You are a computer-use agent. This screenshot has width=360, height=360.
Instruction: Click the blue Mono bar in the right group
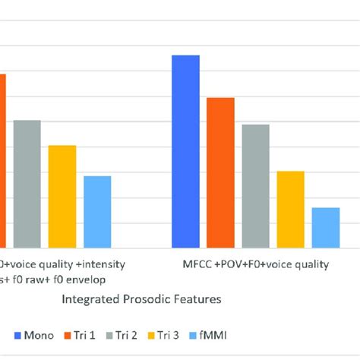coord(185,152)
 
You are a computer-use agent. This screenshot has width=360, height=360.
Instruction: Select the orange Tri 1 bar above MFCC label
coord(220,173)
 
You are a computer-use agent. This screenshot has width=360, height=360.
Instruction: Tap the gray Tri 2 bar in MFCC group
coord(255,186)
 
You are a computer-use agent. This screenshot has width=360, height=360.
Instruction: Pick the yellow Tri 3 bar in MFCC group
coord(290,210)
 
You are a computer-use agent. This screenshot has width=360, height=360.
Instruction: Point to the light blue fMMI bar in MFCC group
coord(325,228)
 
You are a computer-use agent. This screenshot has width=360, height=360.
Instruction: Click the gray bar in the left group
coord(27,184)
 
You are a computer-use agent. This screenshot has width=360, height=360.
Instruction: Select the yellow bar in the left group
coord(62,196)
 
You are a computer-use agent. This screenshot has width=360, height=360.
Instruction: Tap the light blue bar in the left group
coord(97,212)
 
